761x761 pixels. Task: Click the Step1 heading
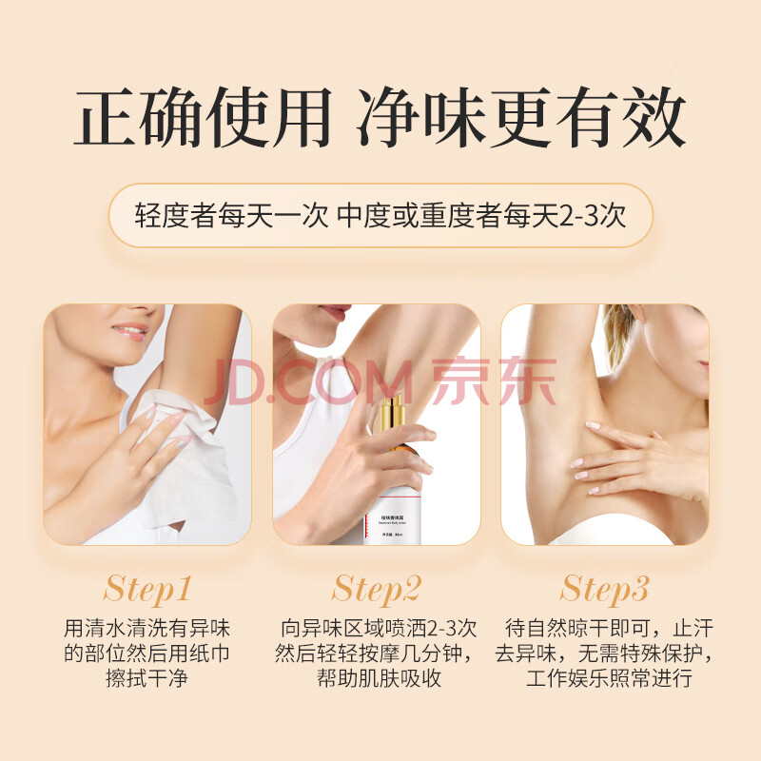[x=147, y=589]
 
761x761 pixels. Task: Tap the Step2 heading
[x=376, y=589]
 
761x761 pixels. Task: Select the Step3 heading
[x=604, y=589]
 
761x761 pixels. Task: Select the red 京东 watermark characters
[x=494, y=381]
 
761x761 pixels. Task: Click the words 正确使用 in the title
[x=203, y=117]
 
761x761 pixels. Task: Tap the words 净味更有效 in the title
[x=521, y=117]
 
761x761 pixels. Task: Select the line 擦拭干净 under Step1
[x=147, y=678]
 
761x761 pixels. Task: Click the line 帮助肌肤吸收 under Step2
[x=379, y=678]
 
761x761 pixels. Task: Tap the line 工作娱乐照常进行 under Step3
[x=610, y=678]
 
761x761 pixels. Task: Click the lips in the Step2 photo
[x=334, y=312]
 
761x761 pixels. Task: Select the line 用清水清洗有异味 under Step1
[x=147, y=629]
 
